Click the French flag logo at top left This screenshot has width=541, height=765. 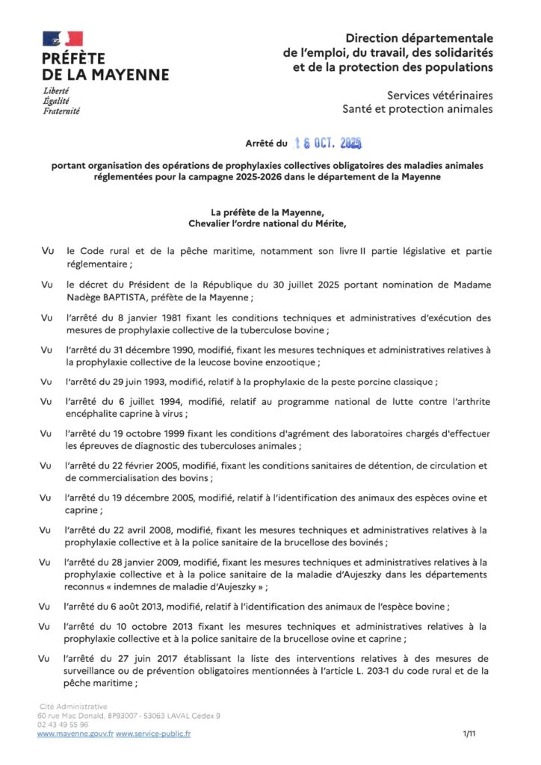(63, 39)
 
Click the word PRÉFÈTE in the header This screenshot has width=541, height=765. (74, 59)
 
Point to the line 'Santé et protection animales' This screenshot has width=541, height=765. (418, 109)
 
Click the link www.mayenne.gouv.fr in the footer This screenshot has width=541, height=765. (75, 734)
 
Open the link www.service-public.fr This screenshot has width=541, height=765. (153, 734)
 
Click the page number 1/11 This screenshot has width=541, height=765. (469, 734)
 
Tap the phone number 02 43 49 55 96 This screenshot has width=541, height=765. (62, 724)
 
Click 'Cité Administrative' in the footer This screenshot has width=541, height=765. (72, 706)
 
